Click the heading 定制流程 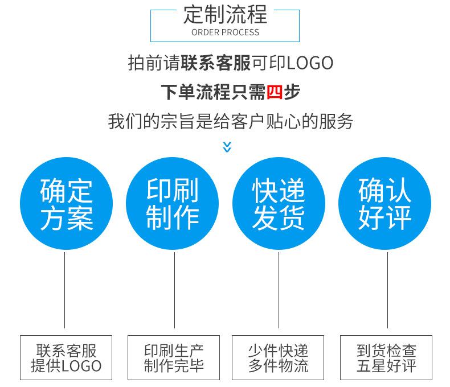pos(225,15)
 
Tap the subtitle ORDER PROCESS pos(225,32)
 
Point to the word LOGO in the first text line pos(310,63)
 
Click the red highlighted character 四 pos(275,92)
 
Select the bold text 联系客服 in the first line pos(216,63)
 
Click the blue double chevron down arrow pos(227,147)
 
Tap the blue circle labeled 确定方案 pos(66,204)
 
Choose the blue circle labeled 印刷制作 pos(173,204)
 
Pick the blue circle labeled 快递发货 pos(279,204)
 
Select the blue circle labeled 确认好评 pos(385,204)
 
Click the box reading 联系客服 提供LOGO pos(66,357)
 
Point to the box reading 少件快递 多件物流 pos(278,357)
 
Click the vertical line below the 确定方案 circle pos(64,290)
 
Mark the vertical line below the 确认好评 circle pos(387,290)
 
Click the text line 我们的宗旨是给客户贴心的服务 pos(231,121)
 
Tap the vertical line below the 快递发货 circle pos(279,290)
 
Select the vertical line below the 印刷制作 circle pos(174,290)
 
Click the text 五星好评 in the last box pos(386,365)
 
